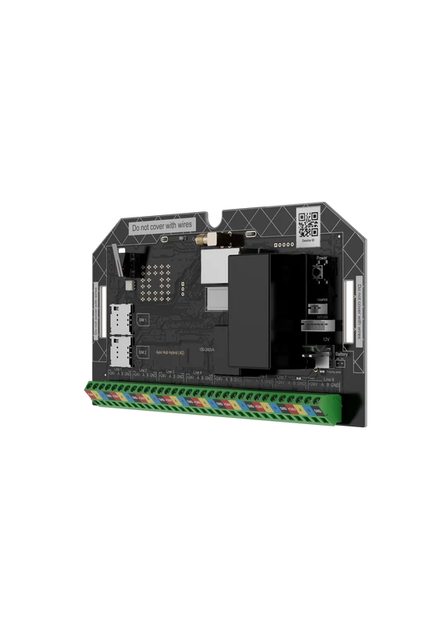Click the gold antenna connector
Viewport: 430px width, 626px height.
[x=209, y=236]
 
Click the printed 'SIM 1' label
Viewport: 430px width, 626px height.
[x=142, y=321]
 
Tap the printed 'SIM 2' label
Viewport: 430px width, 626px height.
[x=142, y=353]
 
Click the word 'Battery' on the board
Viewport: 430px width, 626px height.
[x=342, y=354]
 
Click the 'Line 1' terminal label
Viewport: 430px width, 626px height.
[x=118, y=369]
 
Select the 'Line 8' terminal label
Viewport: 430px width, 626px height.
[x=328, y=380]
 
